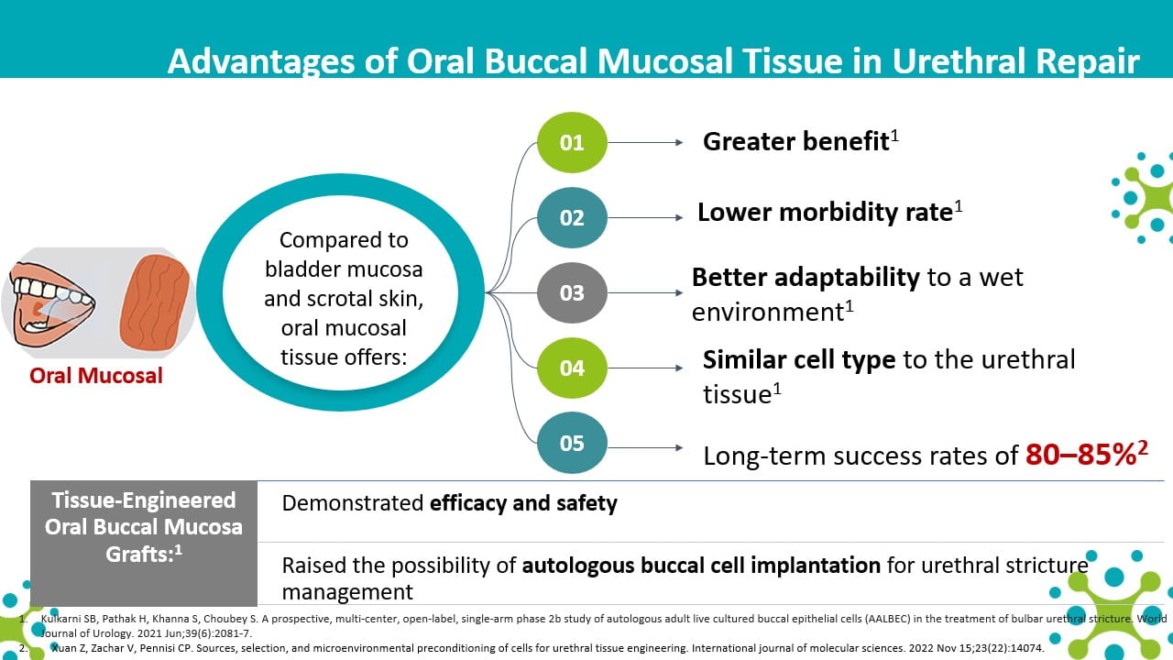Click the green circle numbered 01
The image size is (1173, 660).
coord(572,142)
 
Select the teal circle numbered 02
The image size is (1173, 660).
coord(572,217)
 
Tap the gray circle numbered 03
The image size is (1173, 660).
coord(572,292)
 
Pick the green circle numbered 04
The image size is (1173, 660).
coord(572,368)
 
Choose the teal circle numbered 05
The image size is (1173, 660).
coord(572,443)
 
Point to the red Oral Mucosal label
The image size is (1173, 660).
coord(96,376)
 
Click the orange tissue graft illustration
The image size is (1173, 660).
coord(155,302)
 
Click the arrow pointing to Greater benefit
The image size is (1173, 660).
coord(645,142)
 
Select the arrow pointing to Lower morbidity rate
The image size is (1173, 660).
coord(645,217)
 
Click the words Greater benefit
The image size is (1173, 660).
coord(796,141)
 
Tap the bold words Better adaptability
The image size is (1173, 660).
coord(806,278)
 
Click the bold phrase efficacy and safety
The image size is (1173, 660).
coord(523,503)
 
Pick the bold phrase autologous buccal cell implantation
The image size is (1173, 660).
coord(701,566)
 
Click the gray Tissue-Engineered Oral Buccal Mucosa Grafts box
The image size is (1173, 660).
coord(144,544)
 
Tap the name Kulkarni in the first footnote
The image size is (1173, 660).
coord(60,619)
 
